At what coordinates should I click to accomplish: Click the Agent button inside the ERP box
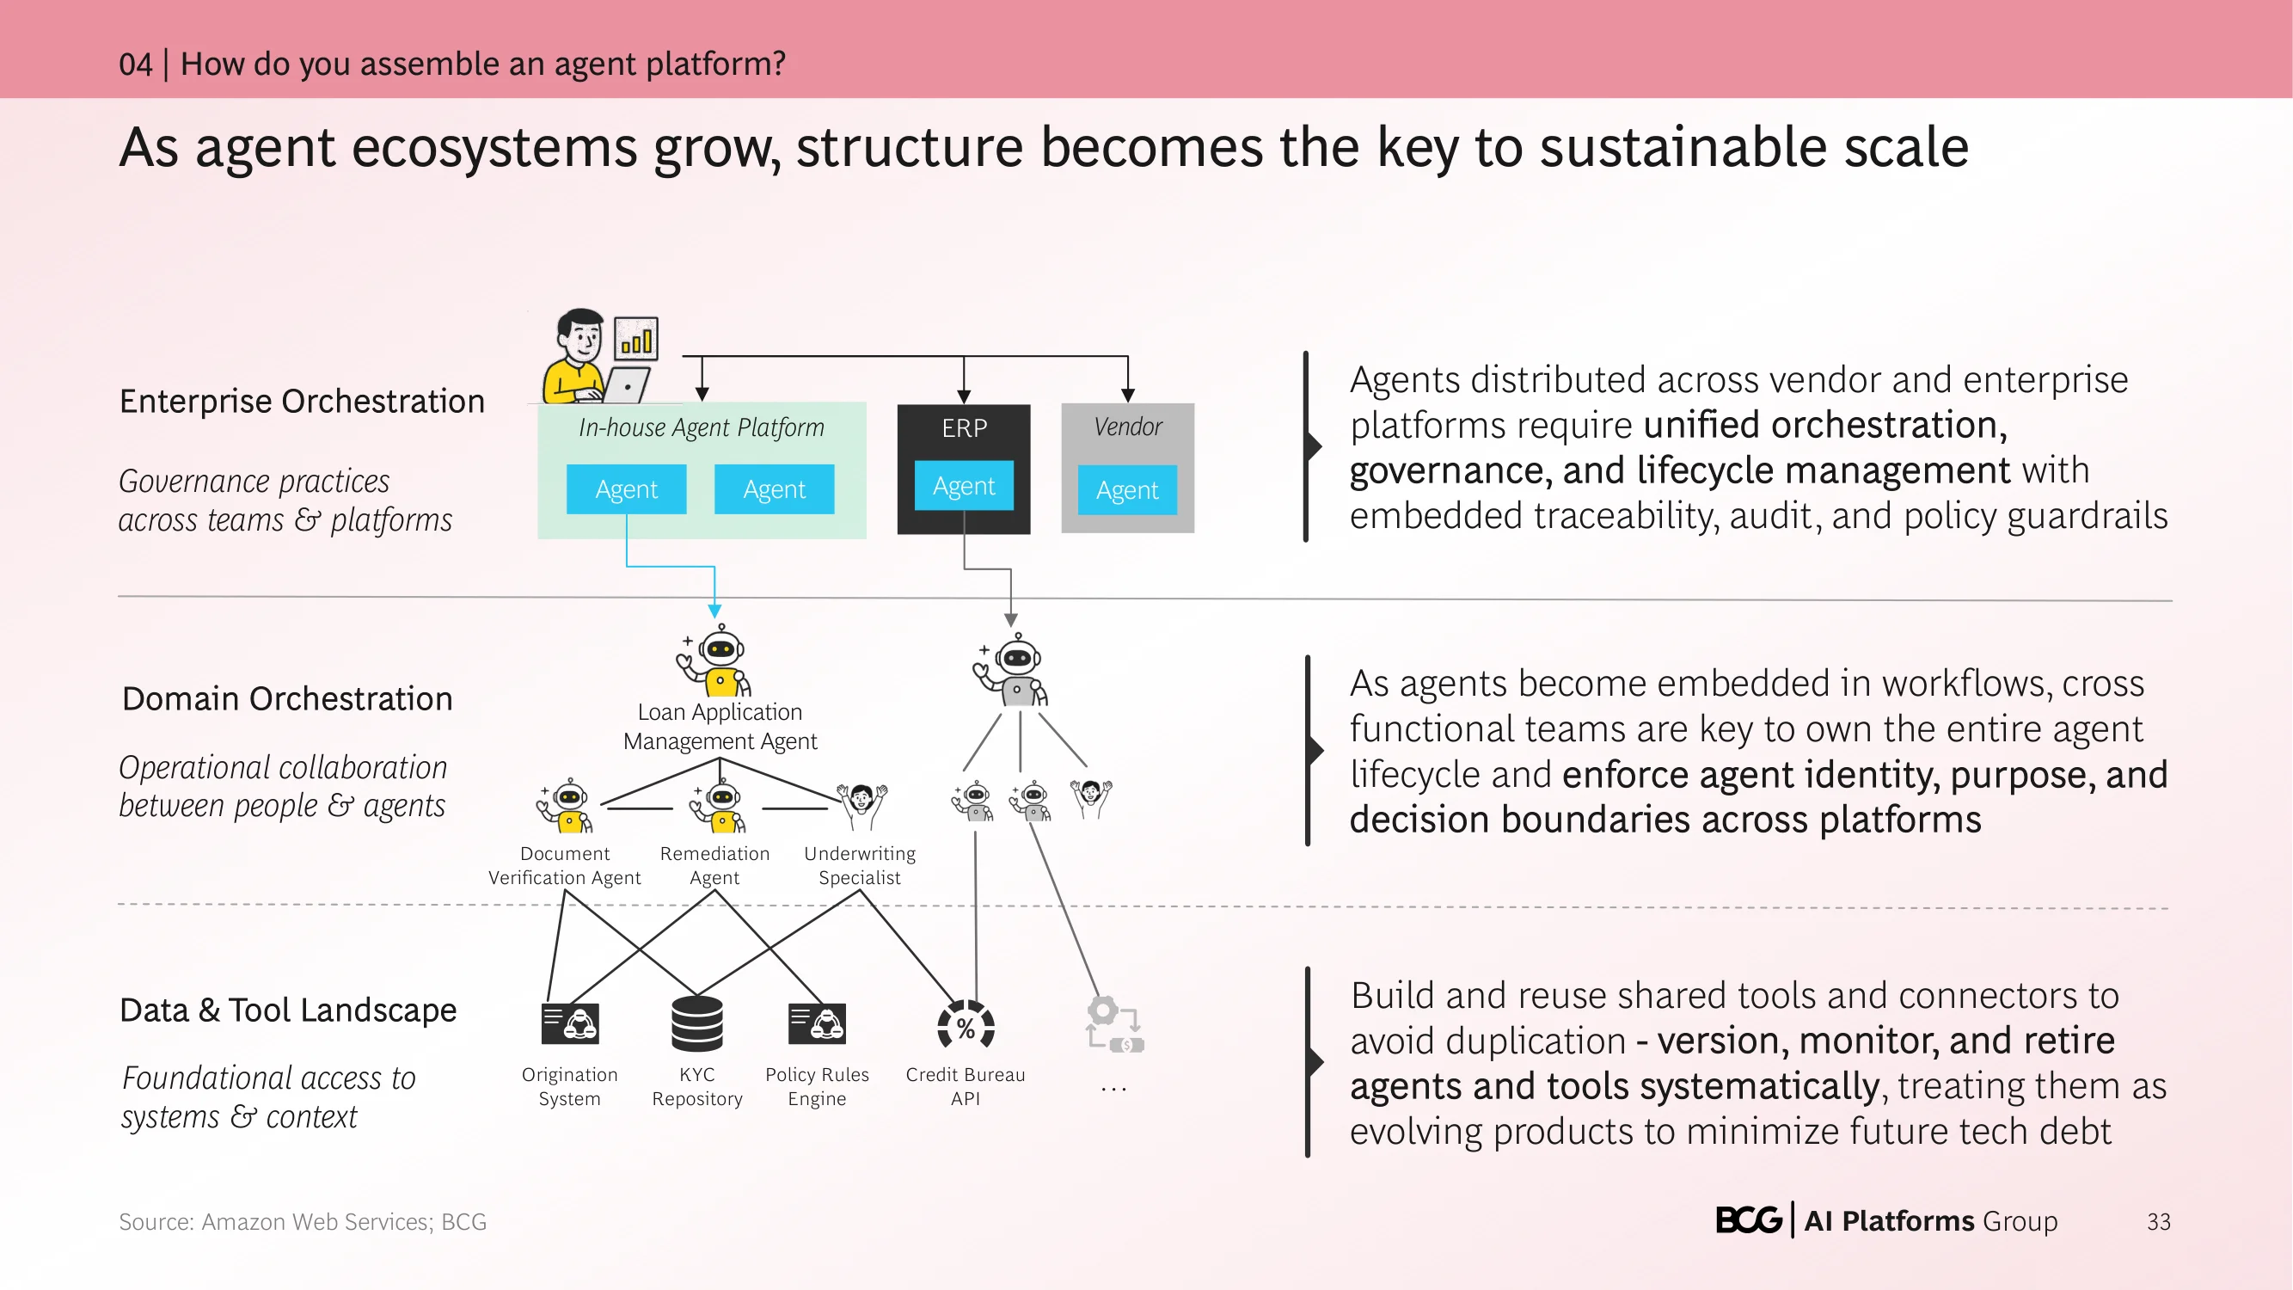click(964, 485)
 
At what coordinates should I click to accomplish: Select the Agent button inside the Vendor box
click(1127, 489)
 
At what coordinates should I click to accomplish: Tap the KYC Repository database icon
click(697, 1023)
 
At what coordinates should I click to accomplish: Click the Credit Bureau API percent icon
click(966, 1027)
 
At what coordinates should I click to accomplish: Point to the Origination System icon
click(570, 1023)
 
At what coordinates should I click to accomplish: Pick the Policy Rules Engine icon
click(816, 1023)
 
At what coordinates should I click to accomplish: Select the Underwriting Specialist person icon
click(861, 806)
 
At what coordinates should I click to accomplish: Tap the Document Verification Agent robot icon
click(564, 806)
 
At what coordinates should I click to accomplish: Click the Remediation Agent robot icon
click(719, 806)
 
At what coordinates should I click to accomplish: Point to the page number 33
click(2159, 1221)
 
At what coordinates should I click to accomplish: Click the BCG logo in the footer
click(1748, 1219)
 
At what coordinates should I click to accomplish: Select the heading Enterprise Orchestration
click(302, 402)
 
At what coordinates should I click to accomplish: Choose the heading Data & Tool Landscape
click(288, 1010)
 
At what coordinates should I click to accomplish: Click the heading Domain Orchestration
click(287, 699)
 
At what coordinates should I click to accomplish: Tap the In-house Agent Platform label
click(702, 427)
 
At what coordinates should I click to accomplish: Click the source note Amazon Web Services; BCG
click(345, 1221)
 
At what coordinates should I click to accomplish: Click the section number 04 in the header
click(135, 64)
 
